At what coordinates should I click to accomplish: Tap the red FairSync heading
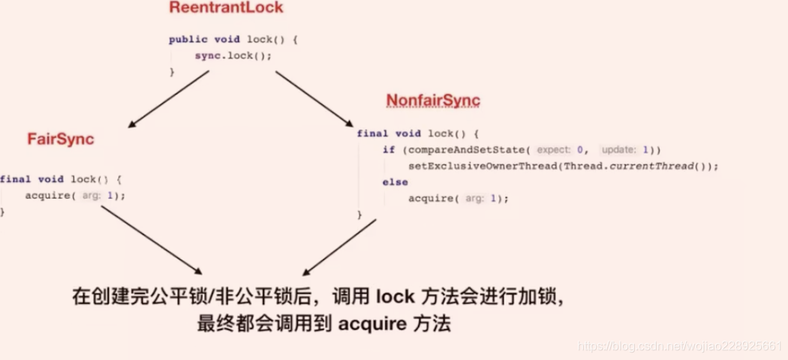pyautogui.click(x=61, y=139)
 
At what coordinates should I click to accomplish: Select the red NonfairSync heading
pyautogui.click(x=433, y=100)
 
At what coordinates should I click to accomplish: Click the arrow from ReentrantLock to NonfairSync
pyautogui.click(x=314, y=98)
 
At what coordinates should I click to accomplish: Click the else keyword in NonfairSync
pyautogui.click(x=395, y=182)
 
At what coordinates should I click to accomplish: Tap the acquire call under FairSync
pyautogui.click(x=53, y=196)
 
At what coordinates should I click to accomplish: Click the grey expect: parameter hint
pyautogui.click(x=556, y=149)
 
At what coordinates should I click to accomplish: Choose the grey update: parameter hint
pyautogui.click(x=621, y=149)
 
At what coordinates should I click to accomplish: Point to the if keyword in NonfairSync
pyautogui.click(x=388, y=149)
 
